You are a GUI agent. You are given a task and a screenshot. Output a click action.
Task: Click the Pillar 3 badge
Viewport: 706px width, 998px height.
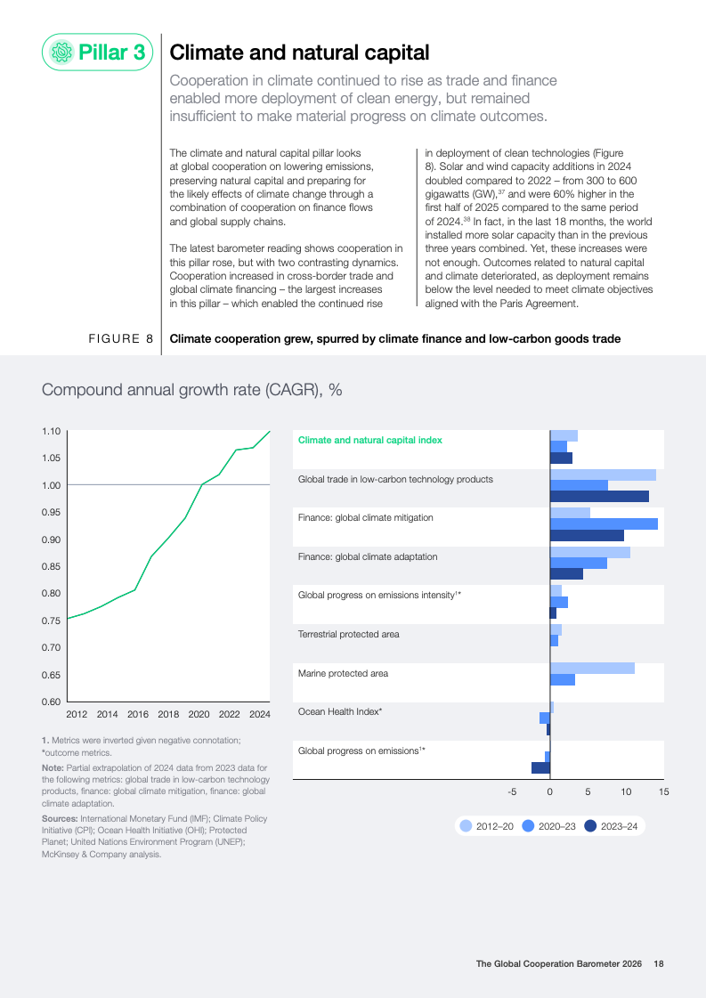click(x=98, y=52)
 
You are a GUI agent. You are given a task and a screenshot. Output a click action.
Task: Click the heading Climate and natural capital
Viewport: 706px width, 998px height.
click(x=299, y=53)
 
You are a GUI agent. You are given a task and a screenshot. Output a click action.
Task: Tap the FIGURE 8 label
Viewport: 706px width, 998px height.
click(x=120, y=339)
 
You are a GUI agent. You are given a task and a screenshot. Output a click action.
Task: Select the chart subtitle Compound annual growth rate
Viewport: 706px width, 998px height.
click(x=192, y=390)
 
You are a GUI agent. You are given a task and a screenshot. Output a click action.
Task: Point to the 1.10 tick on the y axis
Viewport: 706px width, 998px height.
click(x=51, y=431)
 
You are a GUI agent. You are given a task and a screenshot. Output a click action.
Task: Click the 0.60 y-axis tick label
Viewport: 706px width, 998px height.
click(x=51, y=702)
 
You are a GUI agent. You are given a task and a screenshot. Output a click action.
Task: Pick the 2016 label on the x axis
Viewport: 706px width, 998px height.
click(x=138, y=714)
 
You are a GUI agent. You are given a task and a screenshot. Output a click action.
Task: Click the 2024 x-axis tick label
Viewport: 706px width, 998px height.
click(x=260, y=714)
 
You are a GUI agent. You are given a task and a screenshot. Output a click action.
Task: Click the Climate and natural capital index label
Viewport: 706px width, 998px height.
click(x=369, y=440)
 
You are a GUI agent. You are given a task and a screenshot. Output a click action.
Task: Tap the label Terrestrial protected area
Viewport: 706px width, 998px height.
click(x=348, y=634)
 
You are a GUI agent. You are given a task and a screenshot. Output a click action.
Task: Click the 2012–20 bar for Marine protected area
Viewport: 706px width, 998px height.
click(x=592, y=668)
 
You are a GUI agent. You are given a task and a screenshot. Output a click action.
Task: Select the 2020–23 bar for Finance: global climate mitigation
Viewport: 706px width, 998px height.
click(x=604, y=523)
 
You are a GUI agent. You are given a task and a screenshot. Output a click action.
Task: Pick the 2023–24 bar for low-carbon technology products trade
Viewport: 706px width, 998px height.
click(x=599, y=496)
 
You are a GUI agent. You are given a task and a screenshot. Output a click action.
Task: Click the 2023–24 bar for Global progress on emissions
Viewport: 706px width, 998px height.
click(x=540, y=767)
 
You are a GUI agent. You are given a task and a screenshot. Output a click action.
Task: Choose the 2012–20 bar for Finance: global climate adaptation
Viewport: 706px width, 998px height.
click(x=589, y=552)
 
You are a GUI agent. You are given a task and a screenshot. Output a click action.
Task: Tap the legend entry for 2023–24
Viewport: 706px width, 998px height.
click(x=613, y=826)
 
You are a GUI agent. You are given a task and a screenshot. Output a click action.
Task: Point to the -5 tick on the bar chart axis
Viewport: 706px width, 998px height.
click(x=512, y=791)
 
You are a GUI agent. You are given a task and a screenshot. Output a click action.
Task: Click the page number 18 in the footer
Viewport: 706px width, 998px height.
click(x=659, y=963)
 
